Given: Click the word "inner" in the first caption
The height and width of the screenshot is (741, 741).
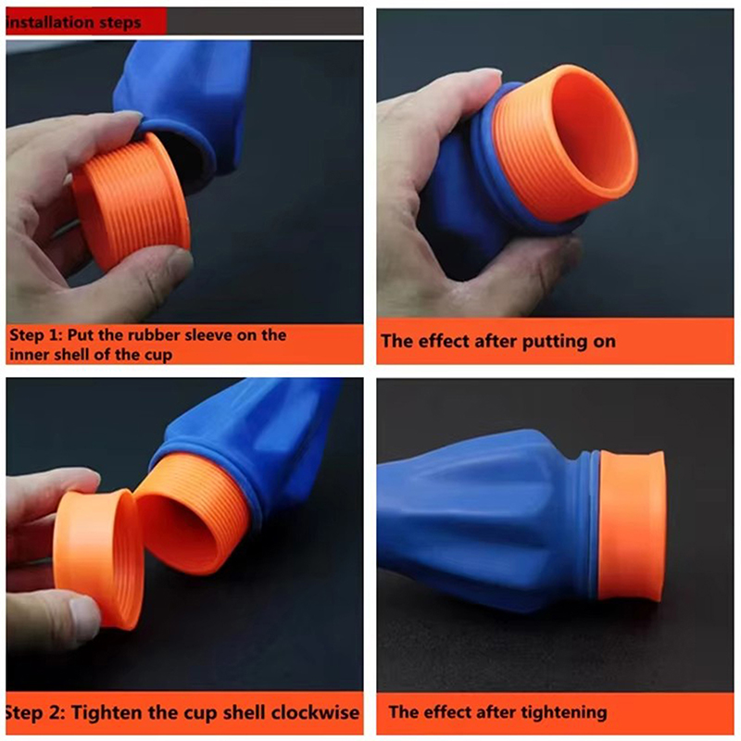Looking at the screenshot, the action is (x=30, y=355).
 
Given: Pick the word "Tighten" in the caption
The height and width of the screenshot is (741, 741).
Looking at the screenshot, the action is (x=107, y=712).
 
